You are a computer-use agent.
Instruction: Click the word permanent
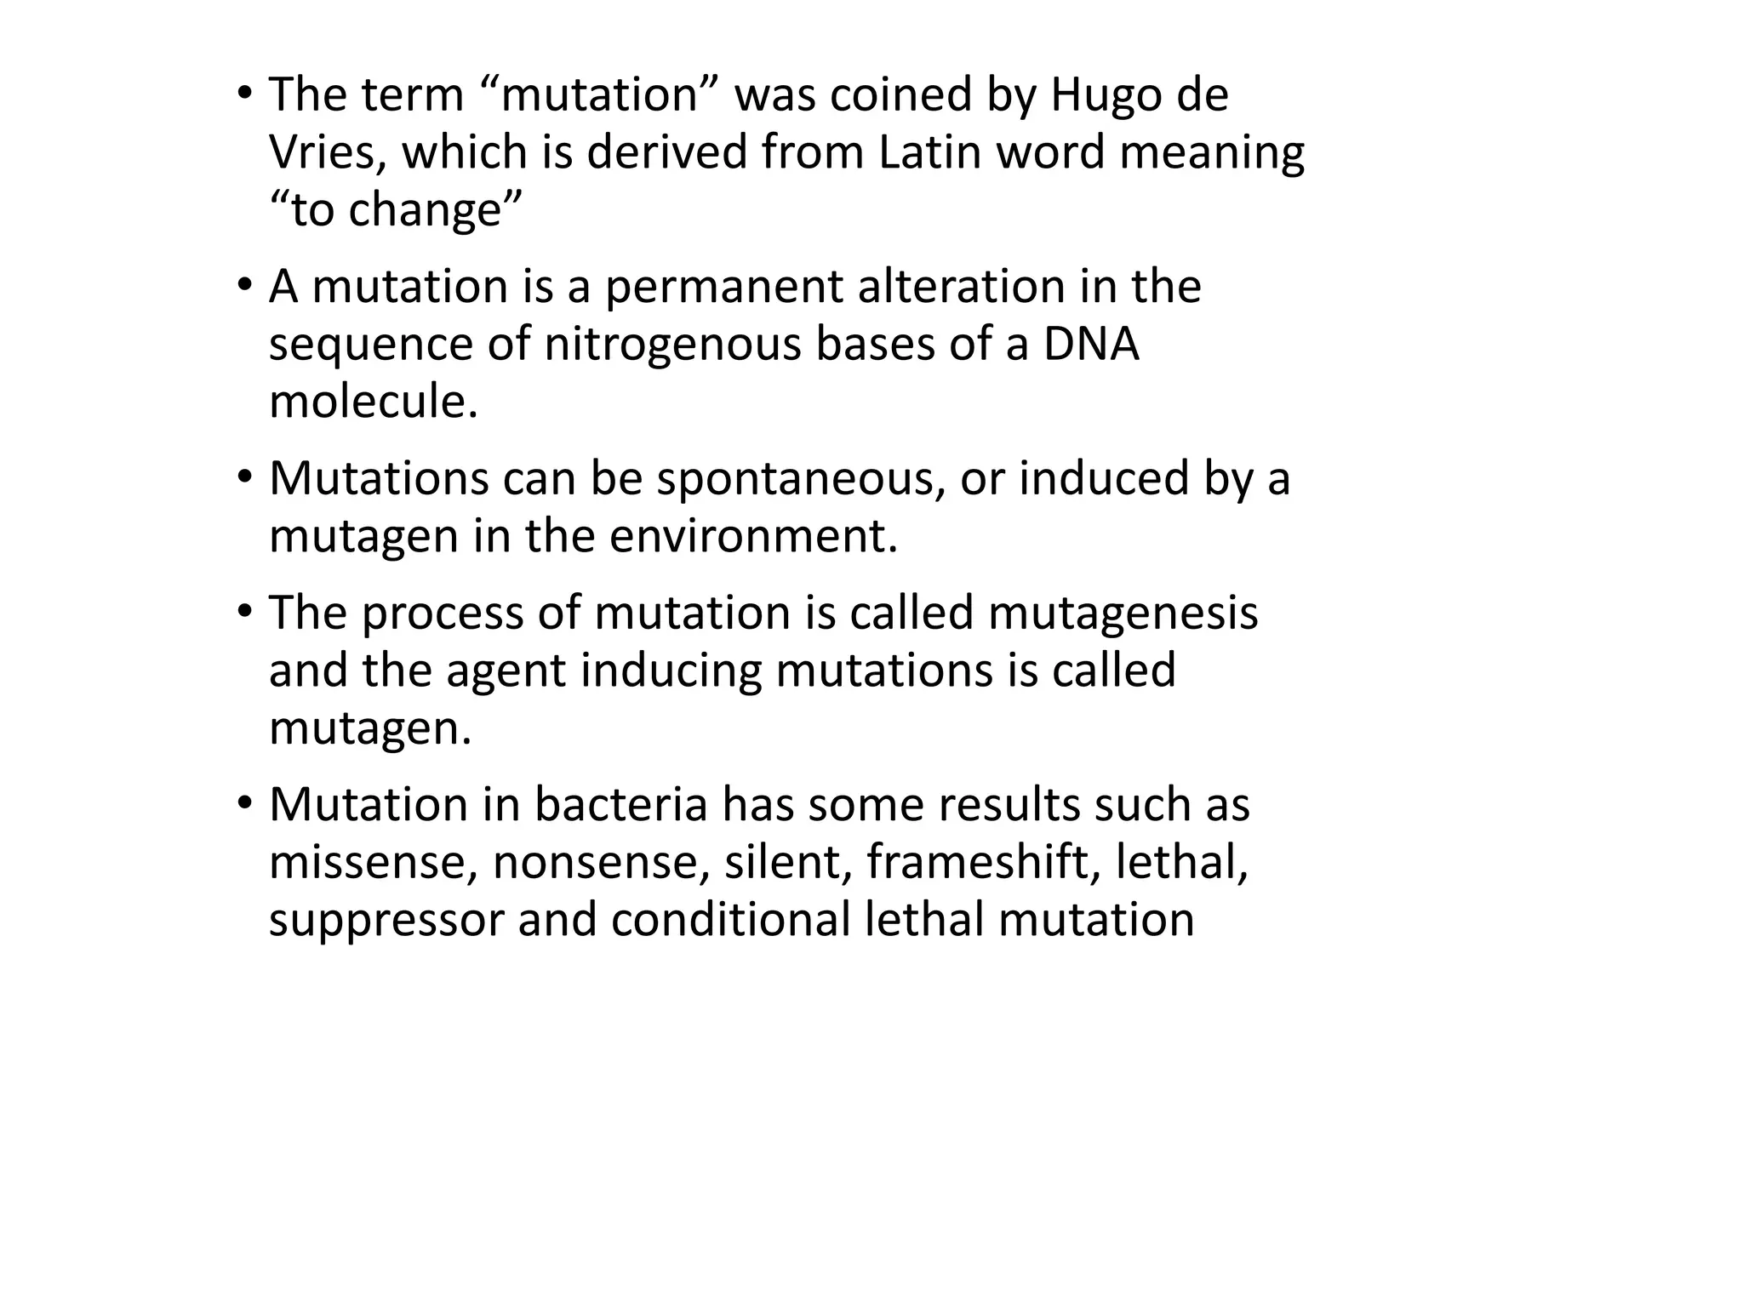tap(724, 288)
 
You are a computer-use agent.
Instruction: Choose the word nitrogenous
tap(672, 345)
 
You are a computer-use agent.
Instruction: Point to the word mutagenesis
tap(1123, 614)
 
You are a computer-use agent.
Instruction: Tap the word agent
tap(506, 671)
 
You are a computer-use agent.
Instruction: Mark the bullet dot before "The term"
tap(244, 92)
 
